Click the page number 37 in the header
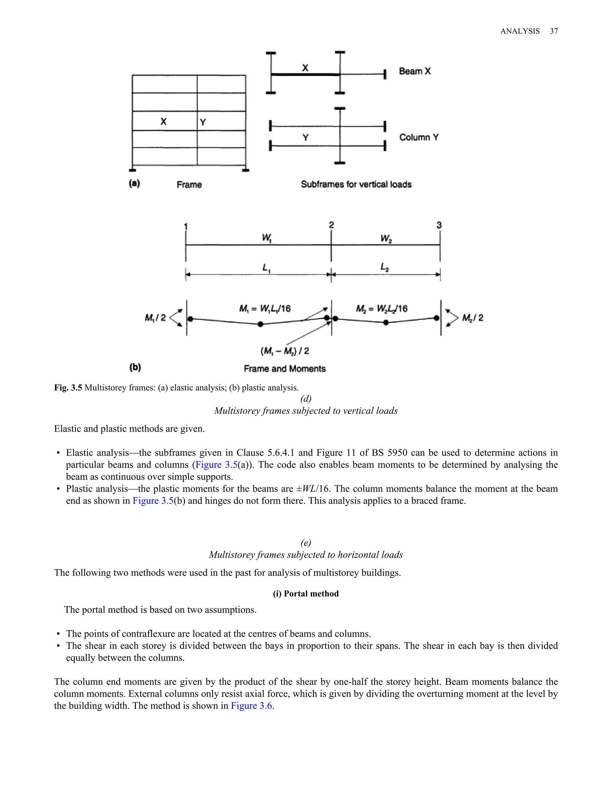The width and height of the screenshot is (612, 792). point(554,31)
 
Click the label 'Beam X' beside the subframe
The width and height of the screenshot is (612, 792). point(415,71)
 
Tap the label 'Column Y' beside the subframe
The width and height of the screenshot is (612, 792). point(419,137)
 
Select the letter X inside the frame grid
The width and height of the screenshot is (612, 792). point(163,121)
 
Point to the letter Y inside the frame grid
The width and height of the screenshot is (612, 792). point(203,122)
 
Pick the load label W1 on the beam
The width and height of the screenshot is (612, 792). point(267,238)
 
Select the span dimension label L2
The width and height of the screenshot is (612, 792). point(385,267)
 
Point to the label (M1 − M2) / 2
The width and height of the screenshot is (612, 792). point(284,351)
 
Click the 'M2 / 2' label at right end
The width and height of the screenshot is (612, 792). point(473,318)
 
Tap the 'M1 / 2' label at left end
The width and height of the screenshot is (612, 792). point(155,318)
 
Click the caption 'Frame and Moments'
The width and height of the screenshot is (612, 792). point(284,369)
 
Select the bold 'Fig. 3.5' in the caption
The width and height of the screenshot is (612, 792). point(68,388)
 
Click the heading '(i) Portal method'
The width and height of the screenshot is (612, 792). point(306,594)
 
